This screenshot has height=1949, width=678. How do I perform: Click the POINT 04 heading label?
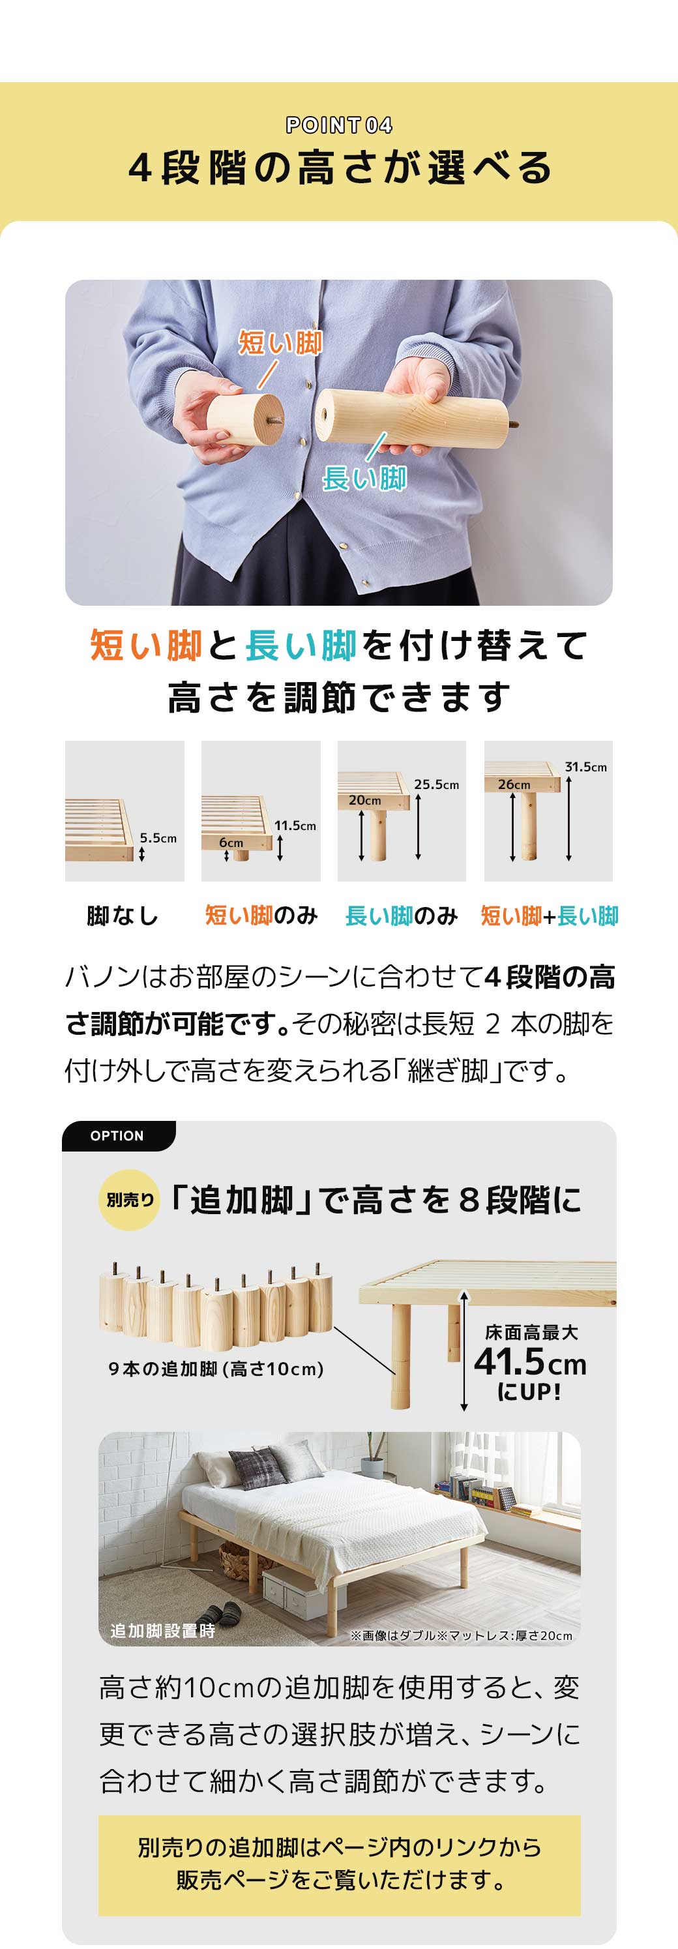click(339, 125)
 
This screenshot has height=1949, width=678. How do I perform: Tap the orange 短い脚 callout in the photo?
click(280, 343)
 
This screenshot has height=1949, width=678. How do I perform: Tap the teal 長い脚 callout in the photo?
click(364, 478)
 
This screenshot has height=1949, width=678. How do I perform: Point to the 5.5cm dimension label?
click(158, 837)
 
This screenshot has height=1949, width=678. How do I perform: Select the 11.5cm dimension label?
click(295, 826)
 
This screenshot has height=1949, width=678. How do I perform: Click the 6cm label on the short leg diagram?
click(231, 842)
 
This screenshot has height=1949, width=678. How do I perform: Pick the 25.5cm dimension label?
click(437, 784)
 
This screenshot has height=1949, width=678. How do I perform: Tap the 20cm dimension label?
click(364, 799)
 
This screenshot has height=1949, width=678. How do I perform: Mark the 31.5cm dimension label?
click(585, 766)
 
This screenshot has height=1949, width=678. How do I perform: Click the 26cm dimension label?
click(514, 784)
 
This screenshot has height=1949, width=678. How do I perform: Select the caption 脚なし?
click(123, 915)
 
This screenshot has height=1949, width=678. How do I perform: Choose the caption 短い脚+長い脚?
click(550, 915)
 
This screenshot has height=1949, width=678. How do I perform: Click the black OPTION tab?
click(117, 1136)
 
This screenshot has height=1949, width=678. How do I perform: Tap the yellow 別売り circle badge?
click(129, 1200)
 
